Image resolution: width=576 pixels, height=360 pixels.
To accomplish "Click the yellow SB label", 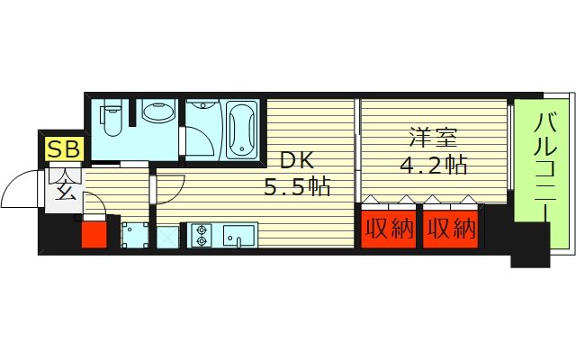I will click(x=62, y=149).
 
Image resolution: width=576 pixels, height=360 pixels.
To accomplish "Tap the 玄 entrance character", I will click(x=66, y=190).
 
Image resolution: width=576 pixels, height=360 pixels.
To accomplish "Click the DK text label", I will click(x=295, y=160).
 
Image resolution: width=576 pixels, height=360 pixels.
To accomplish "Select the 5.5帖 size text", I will click(x=296, y=188).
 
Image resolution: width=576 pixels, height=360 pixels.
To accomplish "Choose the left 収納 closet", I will click(x=389, y=230).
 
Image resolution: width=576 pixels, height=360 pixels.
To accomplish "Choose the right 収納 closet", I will click(x=450, y=230).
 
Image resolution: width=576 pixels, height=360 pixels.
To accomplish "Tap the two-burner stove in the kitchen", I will click(x=200, y=235).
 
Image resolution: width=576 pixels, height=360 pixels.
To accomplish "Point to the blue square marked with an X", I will click(x=167, y=236).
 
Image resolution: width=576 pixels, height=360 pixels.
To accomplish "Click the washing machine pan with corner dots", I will click(x=135, y=235).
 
